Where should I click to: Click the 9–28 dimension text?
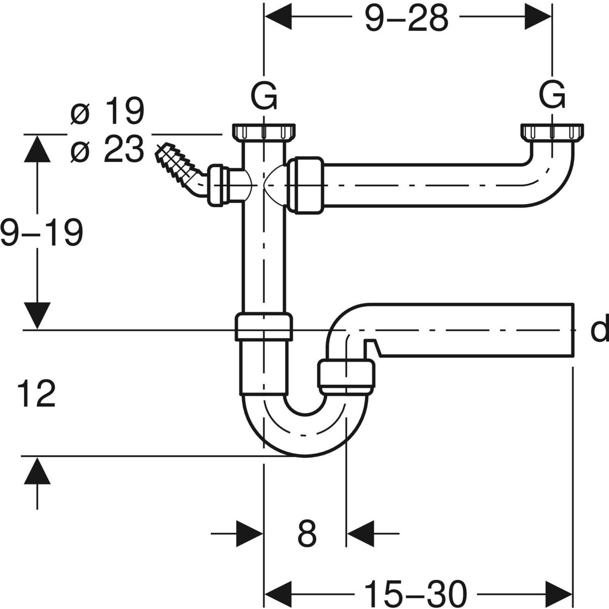pyautogui.click(x=407, y=18)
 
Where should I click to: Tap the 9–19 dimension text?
pyautogui.click(x=42, y=232)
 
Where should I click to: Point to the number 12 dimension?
pyautogui.click(x=37, y=393)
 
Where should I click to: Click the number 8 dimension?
pyautogui.click(x=307, y=534)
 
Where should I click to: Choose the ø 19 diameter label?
pyautogui.click(x=107, y=111)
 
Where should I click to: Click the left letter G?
pyautogui.click(x=264, y=97)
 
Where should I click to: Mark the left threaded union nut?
pyautogui.click(x=264, y=132)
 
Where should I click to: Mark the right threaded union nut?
pyautogui.click(x=552, y=132)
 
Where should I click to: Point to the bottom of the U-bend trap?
pyautogui.click(x=305, y=456)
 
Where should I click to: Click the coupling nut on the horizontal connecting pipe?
pyautogui.click(x=306, y=185)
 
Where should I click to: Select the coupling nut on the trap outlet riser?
pyautogui.click(x=346, y=377)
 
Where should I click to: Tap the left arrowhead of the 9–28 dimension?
pyautogui.click(x=278, y=17)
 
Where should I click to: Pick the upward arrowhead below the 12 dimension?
pyautogui.click(x=37, y=471)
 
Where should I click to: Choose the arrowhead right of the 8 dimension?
pyautogui.click(x=361, y=534)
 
